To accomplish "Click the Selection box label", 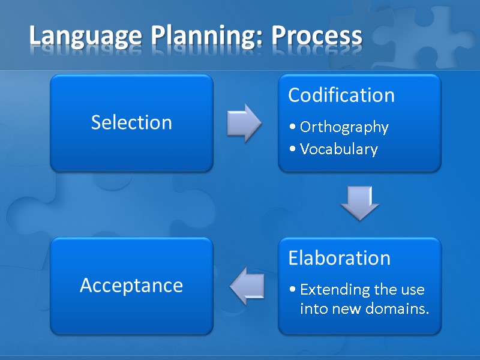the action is click(x=131, y=122).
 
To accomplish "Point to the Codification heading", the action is click(x=341, y=95).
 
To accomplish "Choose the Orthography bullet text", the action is click(x=344, y=127).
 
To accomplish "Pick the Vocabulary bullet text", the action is click(x=338, y=149).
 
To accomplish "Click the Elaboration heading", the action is click(x=339, y=258).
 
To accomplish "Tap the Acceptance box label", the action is click(x=131, y=285).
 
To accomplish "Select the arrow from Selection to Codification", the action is click(x=244, y=122).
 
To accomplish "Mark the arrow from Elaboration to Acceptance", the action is click(x=247, y=284).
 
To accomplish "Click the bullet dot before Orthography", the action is click(x=292, y=128).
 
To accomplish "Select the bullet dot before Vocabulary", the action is click(x=292, y=149).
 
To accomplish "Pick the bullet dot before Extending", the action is click(x=292, y=290).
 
